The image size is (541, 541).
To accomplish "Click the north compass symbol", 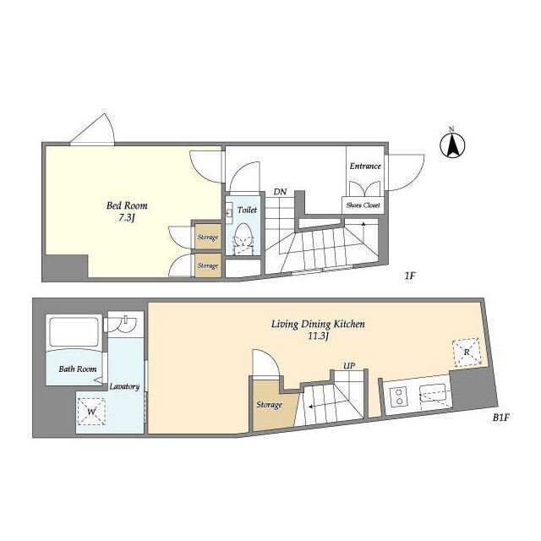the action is [452, 145].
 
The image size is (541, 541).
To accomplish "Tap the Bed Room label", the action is [127, 205].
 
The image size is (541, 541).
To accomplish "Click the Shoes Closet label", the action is [363, 205].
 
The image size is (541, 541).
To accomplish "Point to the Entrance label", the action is [365, 167].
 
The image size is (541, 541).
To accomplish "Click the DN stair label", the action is [280, 192].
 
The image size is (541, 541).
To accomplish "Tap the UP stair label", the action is [349, 365].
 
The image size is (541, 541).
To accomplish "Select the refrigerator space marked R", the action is [467, 352].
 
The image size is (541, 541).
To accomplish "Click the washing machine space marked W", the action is [91, 412].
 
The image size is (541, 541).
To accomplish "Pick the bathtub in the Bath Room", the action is [74, 332].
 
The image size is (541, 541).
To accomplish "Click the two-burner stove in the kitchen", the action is [399, 396].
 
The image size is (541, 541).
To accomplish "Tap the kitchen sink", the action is [434, 393].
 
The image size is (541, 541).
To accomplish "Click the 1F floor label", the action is [409, 276].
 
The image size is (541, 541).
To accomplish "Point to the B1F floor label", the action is [501, 418].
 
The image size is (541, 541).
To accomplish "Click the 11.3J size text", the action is [318, 336].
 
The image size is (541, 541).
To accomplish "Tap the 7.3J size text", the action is [126, 218].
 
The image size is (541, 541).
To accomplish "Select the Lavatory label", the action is [124, 386].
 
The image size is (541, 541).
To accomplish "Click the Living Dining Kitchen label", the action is [318, 325].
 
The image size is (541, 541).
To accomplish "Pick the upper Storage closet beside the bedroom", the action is [208, 237].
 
